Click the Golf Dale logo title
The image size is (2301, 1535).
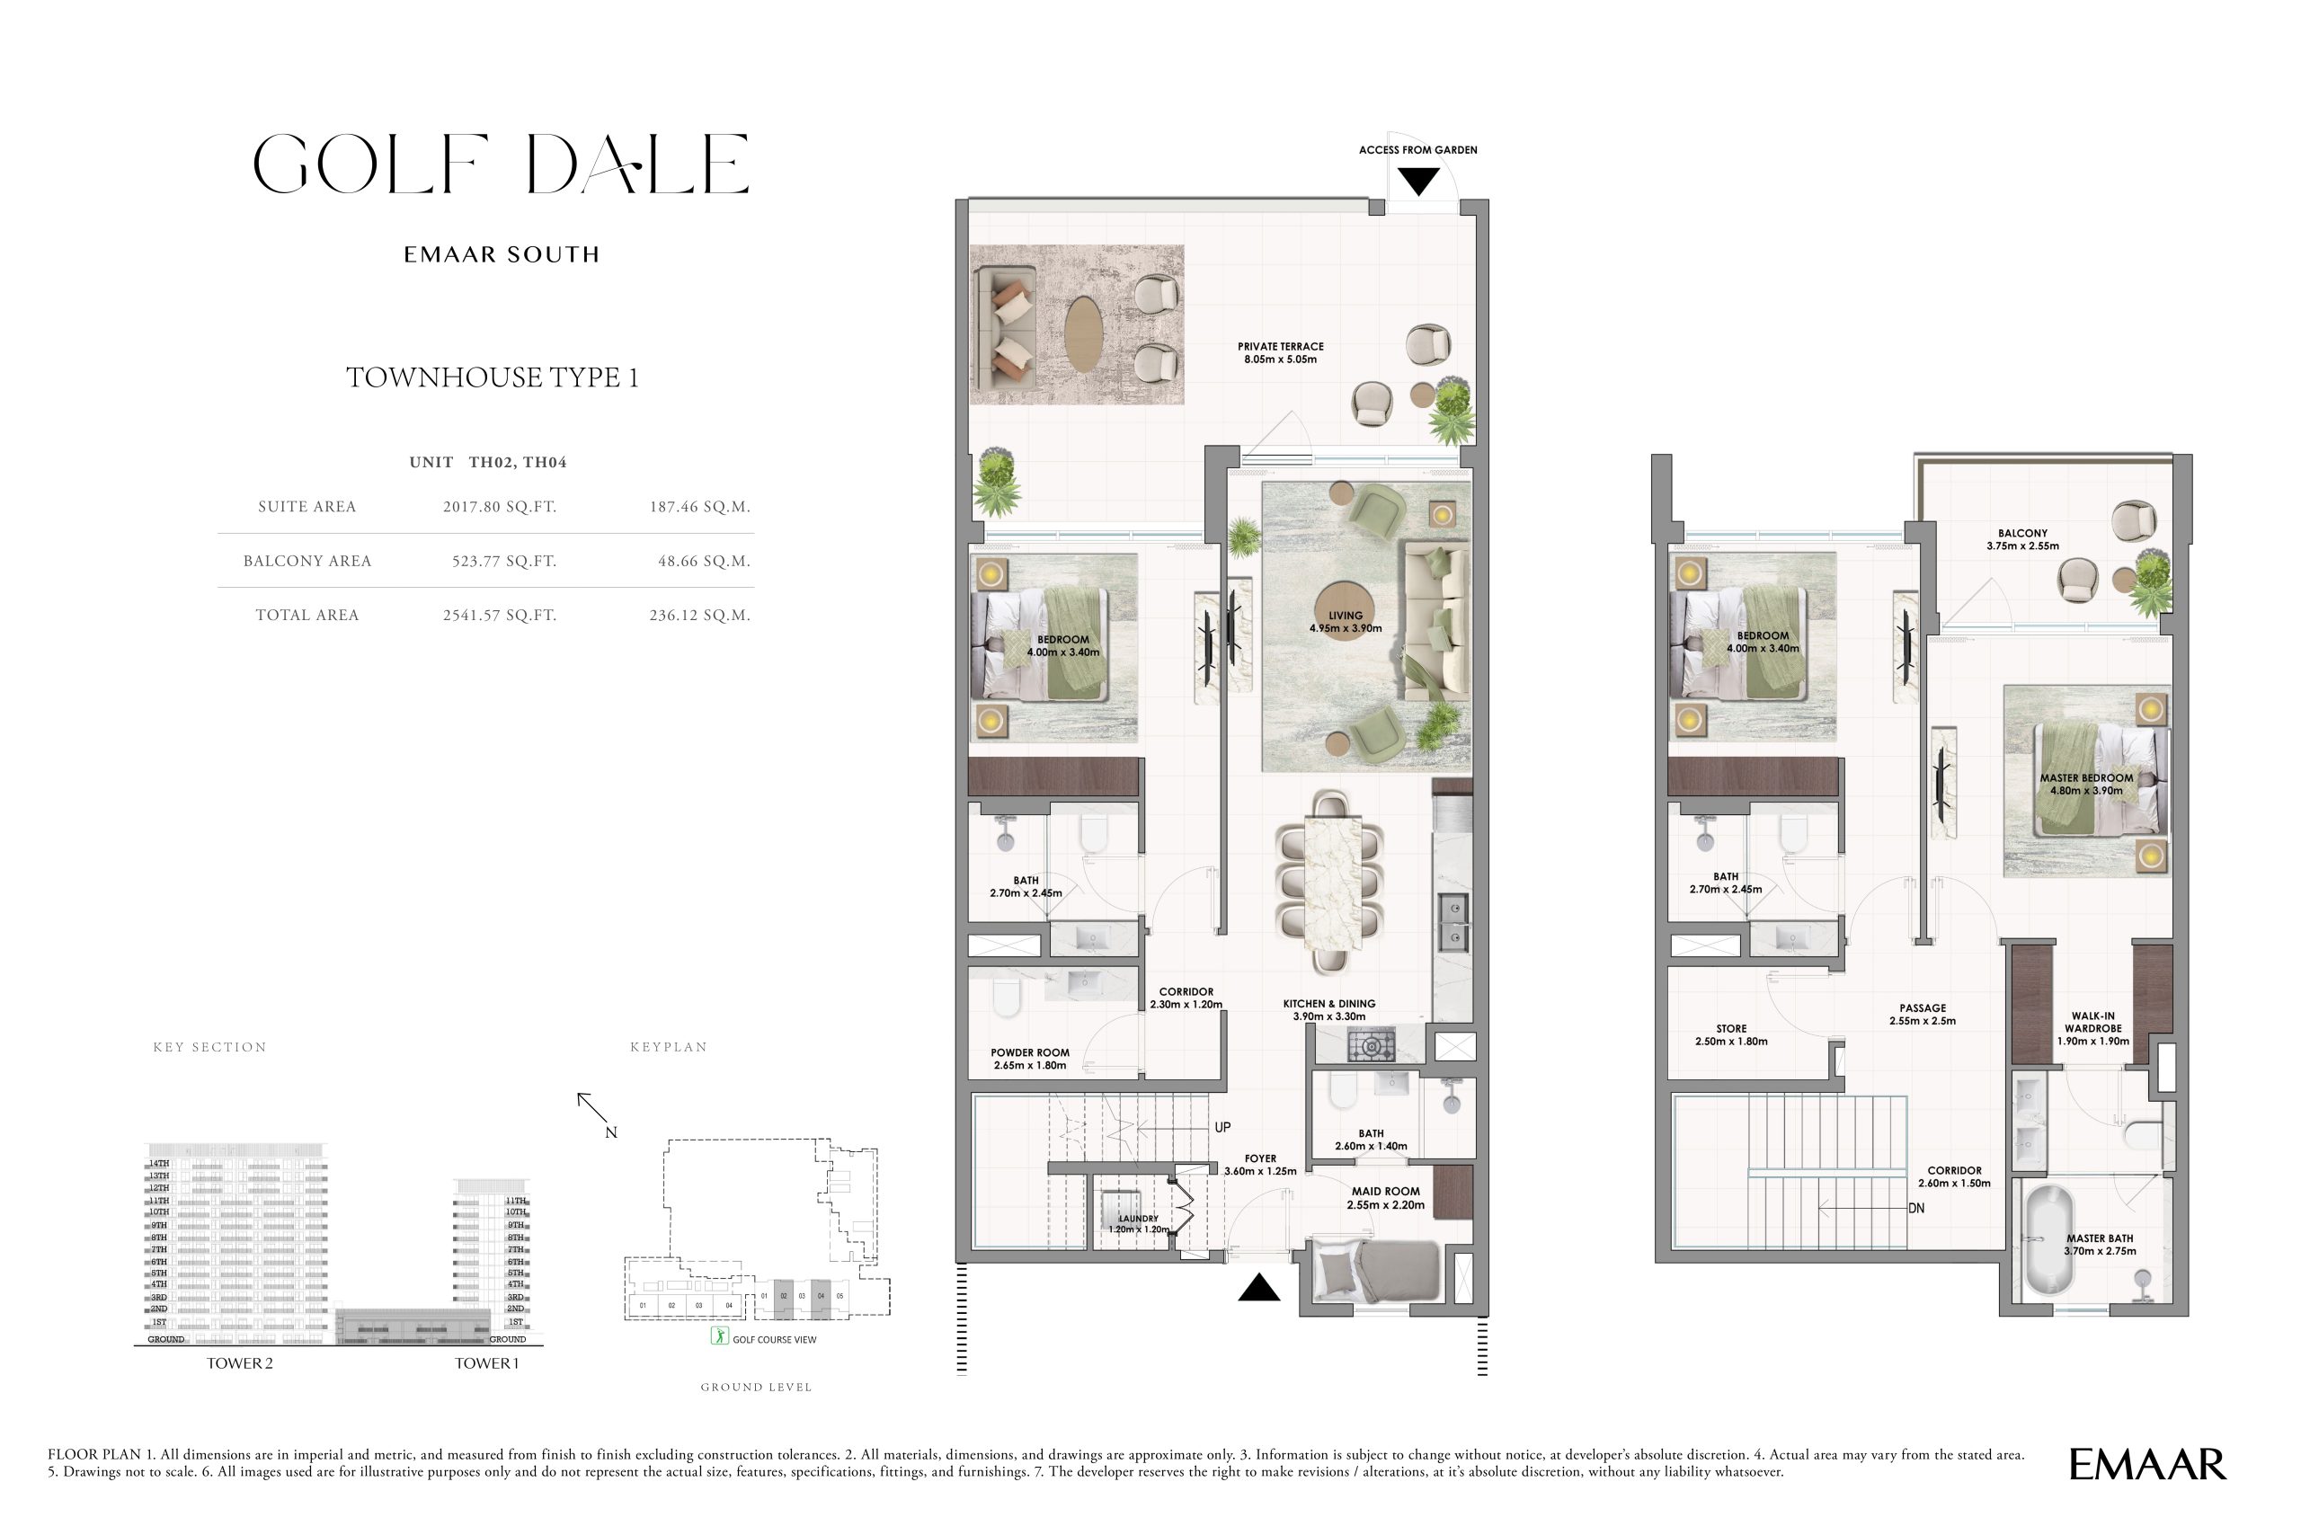[501, 164]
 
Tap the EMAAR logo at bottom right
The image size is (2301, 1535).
[2147, 1465]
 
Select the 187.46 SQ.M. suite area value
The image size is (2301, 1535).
[699, 507]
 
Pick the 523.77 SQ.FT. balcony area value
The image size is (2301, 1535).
[503, 562]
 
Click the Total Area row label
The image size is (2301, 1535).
[307, 616]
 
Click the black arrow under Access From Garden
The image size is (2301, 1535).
[1417, 182]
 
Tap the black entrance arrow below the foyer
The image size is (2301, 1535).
[1259, 1289]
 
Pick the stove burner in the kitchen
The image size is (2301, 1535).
[1371, 1046]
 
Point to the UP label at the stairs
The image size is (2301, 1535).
[1222, 1128]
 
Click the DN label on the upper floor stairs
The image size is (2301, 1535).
[1916, 1208]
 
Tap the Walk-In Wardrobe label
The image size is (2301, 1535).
[2092, 1028]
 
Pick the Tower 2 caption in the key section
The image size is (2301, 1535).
[240, 1363]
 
